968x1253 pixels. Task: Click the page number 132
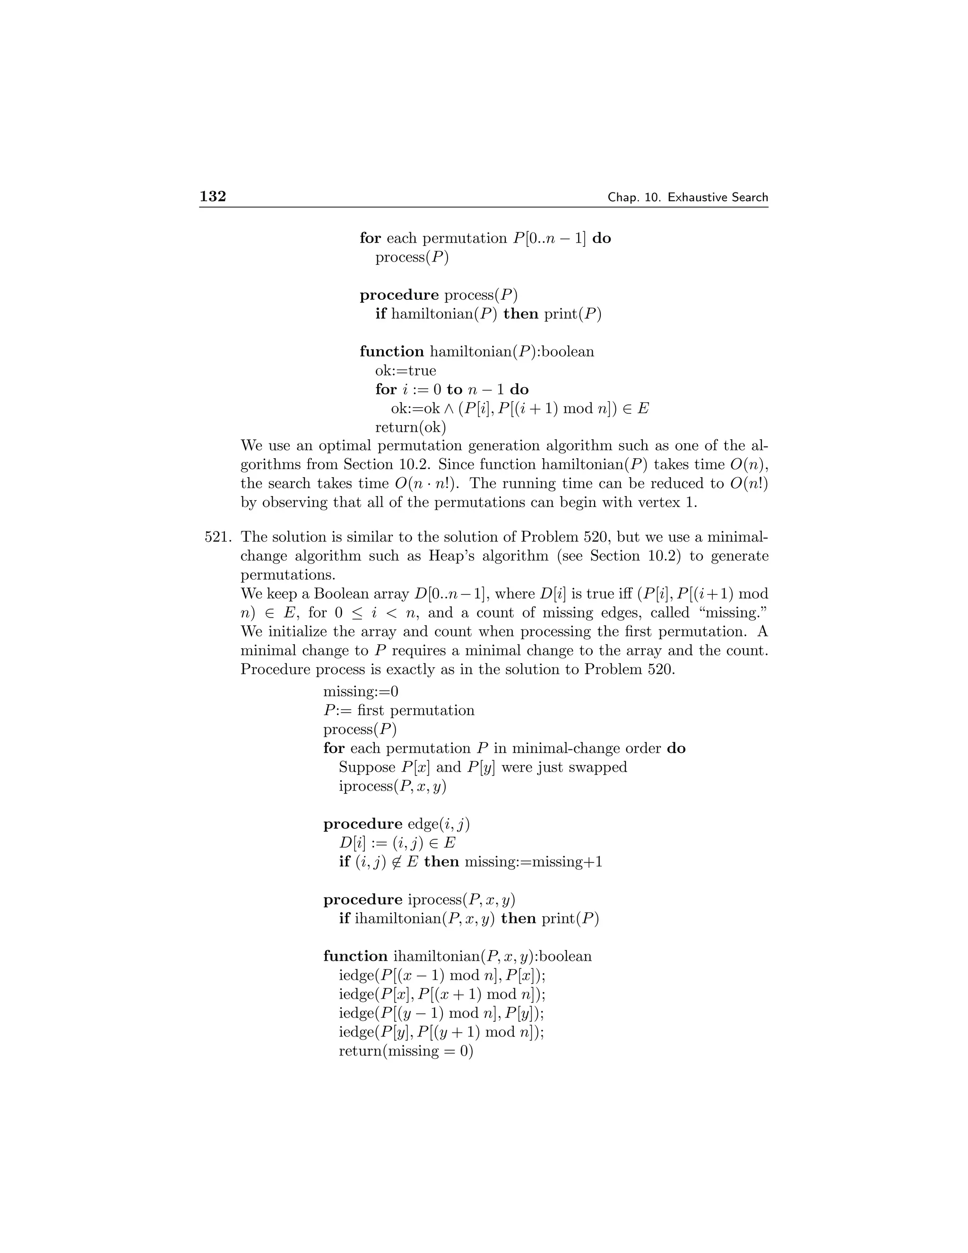(x=213, y=197)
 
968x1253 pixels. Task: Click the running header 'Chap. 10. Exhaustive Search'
(x=688, y=197)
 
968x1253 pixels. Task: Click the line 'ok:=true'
(x=406, y=371)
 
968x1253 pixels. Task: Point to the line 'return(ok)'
(x=410, y=427)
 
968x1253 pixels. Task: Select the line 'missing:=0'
(x=361, y=691)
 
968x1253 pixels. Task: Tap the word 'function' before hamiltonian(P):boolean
(x=392, y=352)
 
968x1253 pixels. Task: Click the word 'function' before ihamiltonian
(x=355, y=957)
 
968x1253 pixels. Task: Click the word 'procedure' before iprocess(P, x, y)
(x=363, y=900)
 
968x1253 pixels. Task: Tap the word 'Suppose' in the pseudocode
(x=367, y=767)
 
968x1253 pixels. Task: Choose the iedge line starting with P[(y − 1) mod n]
(x=441, y=1013)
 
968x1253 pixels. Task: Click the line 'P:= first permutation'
(x=399, y=710)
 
